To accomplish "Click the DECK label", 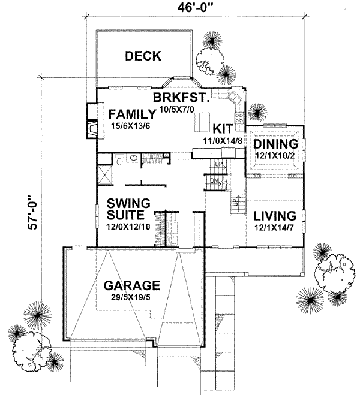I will (x=143, y=56).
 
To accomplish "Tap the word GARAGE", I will (x=131, y=285).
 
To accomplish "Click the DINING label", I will (x=275, y=144).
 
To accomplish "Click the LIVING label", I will (x=275, y=216).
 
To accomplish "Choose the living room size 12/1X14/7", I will (x=275, y=228).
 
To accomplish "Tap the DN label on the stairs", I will (x=214, y=180).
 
